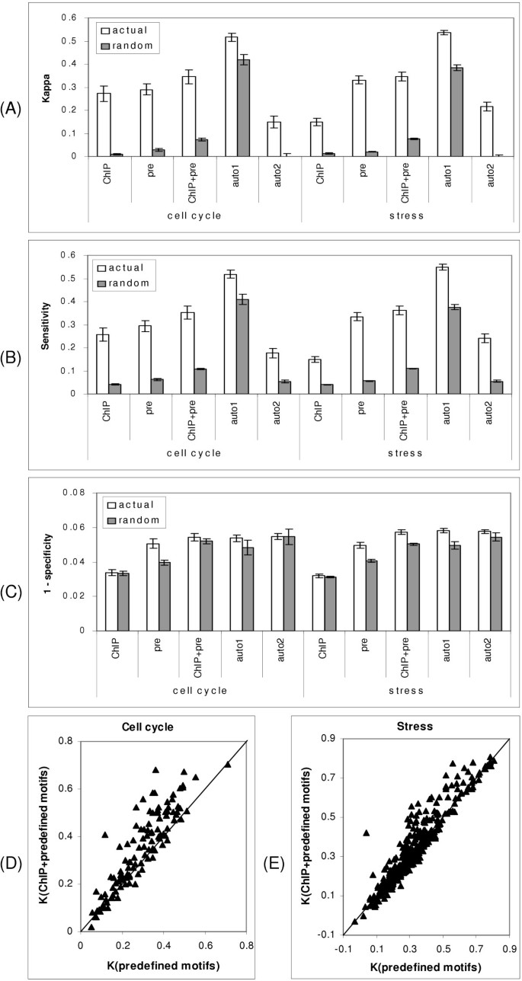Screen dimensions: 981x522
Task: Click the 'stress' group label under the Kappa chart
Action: coord(405,211)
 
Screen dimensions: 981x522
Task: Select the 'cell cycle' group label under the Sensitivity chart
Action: coord(194,452)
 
